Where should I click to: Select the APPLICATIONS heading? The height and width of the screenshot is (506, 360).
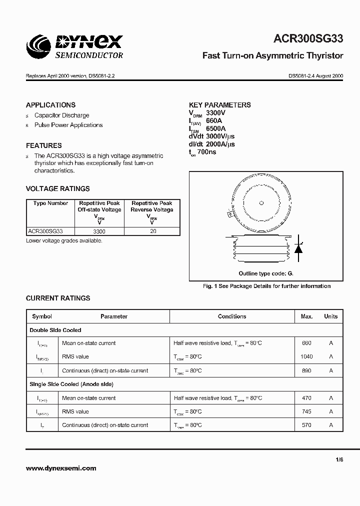50,105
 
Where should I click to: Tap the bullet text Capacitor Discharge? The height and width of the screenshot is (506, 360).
61,115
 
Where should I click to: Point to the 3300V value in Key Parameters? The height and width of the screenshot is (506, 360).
216,113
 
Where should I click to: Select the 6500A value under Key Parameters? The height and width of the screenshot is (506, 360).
216,128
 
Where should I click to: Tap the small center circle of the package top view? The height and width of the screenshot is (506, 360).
260,202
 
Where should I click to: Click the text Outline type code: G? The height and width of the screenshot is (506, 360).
265,273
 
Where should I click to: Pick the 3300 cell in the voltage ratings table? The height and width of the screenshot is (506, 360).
99,231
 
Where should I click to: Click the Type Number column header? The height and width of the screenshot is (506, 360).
50,203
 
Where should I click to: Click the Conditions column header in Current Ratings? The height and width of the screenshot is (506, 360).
232,316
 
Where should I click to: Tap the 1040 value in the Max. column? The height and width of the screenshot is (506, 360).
306,356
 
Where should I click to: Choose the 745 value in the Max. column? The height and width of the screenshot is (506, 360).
306,411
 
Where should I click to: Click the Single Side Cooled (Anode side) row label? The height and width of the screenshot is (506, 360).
71,384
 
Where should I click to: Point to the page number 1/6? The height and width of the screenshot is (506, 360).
339,460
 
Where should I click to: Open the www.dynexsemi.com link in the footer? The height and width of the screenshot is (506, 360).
60,468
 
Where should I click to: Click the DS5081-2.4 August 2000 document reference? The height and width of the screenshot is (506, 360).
315,76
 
